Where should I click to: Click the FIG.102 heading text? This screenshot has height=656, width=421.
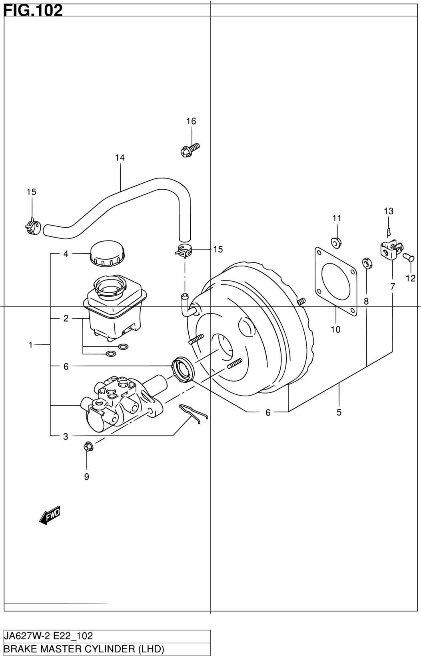coord(33,11)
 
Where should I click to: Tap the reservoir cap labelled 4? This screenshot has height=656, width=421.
coord(107,253)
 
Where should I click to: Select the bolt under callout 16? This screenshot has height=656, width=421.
coord(190,150)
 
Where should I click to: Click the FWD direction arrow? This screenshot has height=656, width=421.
coord(50,514)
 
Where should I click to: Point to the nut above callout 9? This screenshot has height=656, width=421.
coord(88,447)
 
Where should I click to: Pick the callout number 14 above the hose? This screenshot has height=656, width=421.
coord(120,158)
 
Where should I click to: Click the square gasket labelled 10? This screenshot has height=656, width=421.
coord(336,282)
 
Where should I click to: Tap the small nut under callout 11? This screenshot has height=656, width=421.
coord(336,243)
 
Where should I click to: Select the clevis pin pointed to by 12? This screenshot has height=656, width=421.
coord(408,258)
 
